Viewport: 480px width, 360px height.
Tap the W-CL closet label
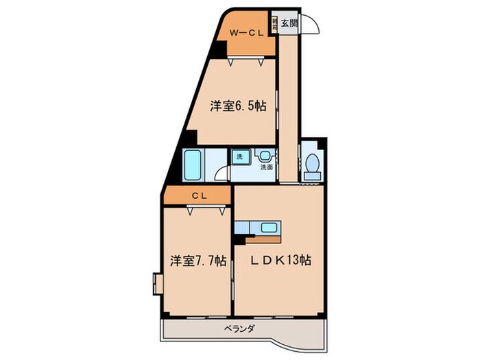pyautogui.click(x=244, y=32)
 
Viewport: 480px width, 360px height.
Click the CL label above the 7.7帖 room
pyautogui.click(x=200, y=195)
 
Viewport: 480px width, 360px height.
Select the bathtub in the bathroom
pyautogui.click(x=193, y=165)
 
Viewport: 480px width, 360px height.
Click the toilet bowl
pyautogui.click(x=313, y=163)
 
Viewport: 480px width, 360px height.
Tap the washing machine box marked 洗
pyautogui.click(x=239, y=157)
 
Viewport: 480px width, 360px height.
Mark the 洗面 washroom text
pyautogui.click(x=265, y=167)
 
